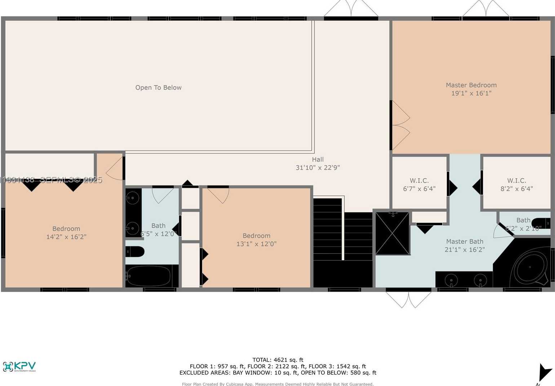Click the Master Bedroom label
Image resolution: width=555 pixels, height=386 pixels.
471,85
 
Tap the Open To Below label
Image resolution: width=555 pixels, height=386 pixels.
158,87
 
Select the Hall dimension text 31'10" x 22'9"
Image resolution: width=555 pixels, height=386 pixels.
318,168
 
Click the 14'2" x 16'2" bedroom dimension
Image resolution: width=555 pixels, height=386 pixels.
66,237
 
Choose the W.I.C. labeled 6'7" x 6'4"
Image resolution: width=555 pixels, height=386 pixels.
419,185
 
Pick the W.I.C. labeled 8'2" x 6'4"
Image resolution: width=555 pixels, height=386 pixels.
516,185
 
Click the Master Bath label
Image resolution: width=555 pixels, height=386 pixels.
465,242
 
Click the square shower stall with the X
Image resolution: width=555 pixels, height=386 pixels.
392,233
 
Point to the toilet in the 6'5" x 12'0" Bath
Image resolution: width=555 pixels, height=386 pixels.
135,251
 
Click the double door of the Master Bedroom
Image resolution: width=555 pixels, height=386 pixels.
400,125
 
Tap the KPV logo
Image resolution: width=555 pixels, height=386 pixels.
19,367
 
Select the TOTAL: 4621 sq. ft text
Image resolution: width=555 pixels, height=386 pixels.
278,360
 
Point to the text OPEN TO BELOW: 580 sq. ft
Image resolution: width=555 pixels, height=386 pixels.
338,373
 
